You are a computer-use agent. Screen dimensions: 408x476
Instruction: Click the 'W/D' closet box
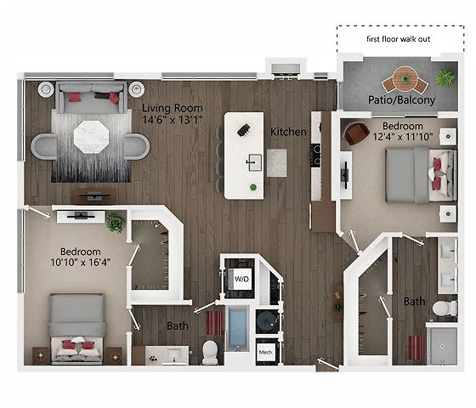click(241, 278)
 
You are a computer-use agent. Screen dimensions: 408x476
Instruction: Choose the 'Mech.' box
click(264, 351)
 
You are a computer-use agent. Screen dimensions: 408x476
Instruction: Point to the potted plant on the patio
click(445, 78)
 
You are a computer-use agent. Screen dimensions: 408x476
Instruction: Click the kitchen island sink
click(253, 161)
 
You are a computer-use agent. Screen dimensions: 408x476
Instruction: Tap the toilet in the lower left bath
click(210, 350)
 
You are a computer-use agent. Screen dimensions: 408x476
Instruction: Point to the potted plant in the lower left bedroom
click(116, 223)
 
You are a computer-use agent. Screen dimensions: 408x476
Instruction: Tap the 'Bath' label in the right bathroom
click(414, 302)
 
